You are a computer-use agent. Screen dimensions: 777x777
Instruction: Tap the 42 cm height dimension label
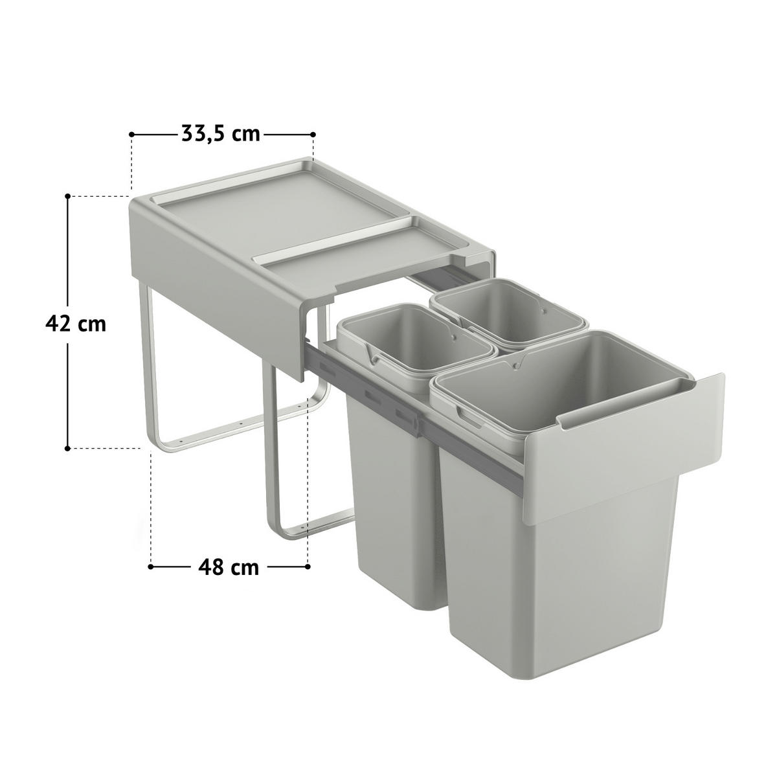pyautogui.click(x=76, y=323)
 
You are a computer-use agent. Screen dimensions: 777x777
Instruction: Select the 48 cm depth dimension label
pyautogui.click(x=228, y=567)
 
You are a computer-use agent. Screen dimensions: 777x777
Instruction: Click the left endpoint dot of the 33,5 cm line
pyautogui.click(x=132, y=134)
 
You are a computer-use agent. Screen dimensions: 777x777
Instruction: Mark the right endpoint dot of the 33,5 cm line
pyautogui.click(x=313, y=134)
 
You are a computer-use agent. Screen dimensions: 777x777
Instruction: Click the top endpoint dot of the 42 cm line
pyautogui.click(x=67, y=195)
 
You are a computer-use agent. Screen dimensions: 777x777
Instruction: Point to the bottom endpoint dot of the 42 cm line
pyautogui.click(x=67, y=447)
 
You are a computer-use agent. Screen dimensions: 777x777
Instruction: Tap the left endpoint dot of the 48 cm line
pyautogui.click(x=151, y=567)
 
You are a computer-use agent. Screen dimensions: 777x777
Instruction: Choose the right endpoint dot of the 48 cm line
pyautogui.click(x=306, y=567)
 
